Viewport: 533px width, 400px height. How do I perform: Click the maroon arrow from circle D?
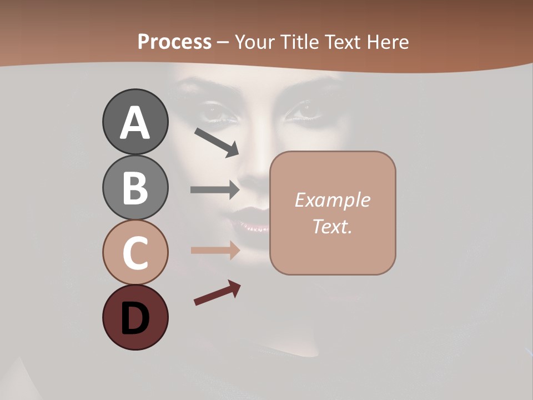point(217,293)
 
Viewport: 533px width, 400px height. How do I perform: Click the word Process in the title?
point(174,42)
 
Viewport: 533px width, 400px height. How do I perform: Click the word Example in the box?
point(332,200)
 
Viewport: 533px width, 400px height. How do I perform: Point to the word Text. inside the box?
point(332,227)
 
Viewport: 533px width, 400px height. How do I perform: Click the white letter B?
point(135,187)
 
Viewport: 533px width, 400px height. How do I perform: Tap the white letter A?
point(135,122)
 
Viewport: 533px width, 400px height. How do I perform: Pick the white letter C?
point(135,253)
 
